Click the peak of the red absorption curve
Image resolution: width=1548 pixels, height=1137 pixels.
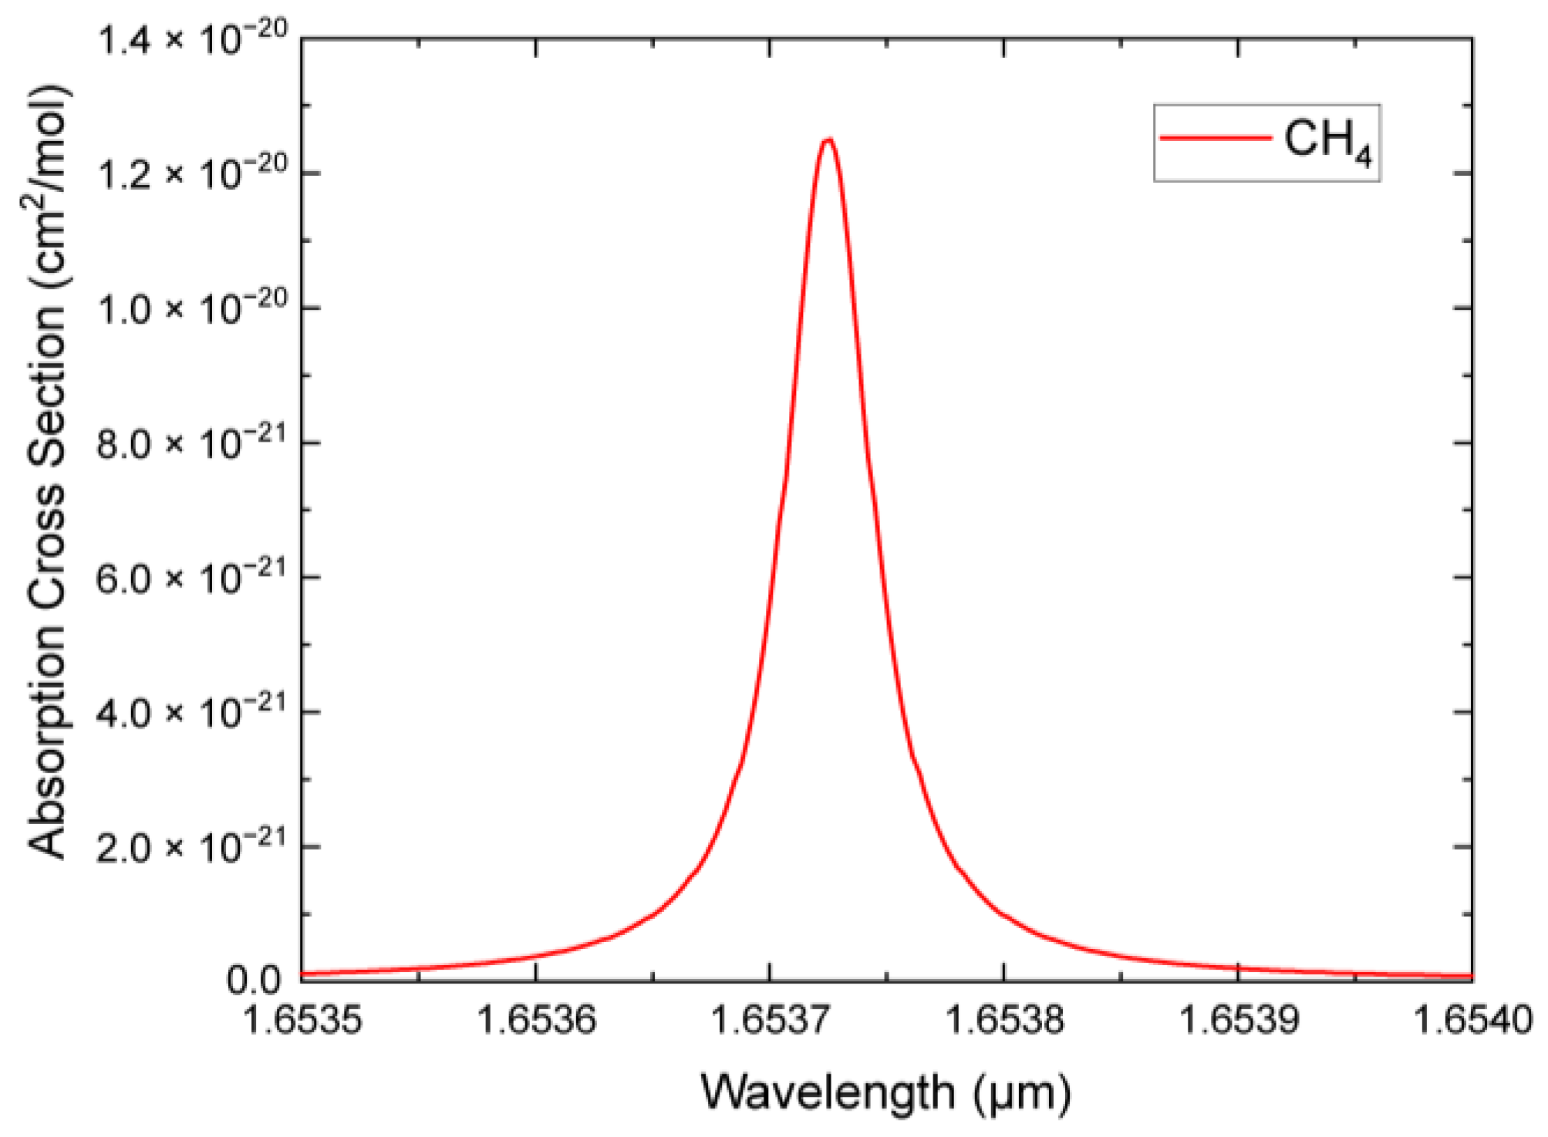pyautogui.click(x=828, y=140)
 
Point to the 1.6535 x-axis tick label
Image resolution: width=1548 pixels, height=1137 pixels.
pyautogui.click(x=302, y=1021)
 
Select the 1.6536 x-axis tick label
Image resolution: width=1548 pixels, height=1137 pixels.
pyautogui.click(x=537, y=1021)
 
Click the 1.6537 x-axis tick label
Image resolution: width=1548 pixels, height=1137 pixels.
pyautogui.click(x=770, y=1021)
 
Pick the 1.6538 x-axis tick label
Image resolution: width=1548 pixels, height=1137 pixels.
pyautogui.click(x=1004, y=1021)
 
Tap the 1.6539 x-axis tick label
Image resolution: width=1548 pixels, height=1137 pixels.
pyautogui.click(x=1239, y=1021)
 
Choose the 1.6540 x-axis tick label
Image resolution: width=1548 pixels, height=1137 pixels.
pyautogui.click(x=1472, y=1021)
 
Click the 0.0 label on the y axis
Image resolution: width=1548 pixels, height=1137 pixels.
pyautogui.click(x=254, y=981)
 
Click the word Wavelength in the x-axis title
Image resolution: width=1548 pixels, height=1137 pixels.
pyautogui.click(x=828, y=1093)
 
